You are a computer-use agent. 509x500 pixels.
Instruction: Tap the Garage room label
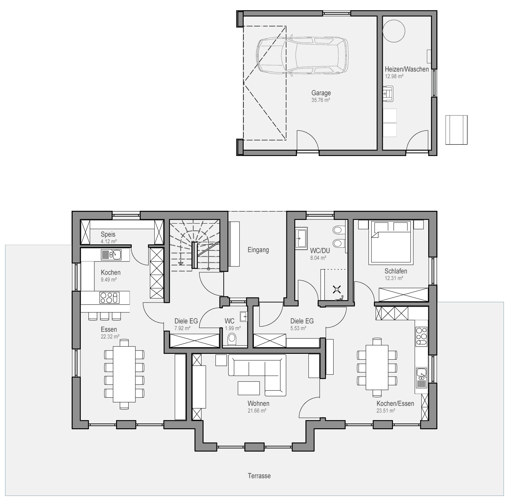tap(321, 93)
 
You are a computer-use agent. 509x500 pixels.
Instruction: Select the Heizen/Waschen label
tap(407, 69)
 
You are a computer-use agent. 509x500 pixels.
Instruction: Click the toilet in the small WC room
tap(232, 339)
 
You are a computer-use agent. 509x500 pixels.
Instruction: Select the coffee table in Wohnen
tap(249, 388)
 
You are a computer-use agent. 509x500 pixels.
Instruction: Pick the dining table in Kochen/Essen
tap(377, 367)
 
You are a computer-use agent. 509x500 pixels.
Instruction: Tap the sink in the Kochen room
tap(111, 254)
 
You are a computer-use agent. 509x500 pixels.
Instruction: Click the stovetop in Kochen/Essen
tap(422, 336)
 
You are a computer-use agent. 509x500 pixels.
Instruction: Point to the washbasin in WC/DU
tap(301, 238)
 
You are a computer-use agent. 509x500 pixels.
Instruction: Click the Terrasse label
tap(259, 476)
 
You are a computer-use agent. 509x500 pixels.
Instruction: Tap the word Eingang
tap(258, 250)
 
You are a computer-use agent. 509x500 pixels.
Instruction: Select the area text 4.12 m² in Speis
tap(109, 242)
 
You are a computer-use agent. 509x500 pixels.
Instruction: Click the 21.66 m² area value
tap(257, 411)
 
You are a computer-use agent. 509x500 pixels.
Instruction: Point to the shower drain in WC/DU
tap(337, 289)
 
